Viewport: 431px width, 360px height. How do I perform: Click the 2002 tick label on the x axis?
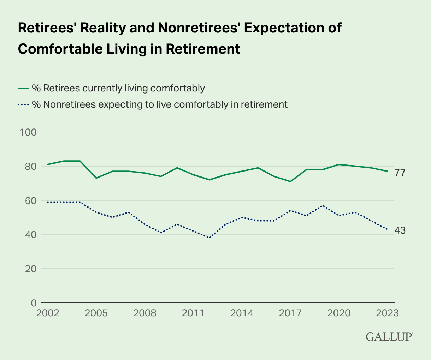click(47, 313)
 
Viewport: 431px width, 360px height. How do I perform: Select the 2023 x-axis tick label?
click(387, 313)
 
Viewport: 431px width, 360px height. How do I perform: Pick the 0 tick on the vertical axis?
click(34, 303)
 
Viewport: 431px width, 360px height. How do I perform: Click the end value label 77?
click(400, 173)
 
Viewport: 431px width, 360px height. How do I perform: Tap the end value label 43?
click(400, 230)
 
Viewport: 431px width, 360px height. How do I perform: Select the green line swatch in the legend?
click(23, 88)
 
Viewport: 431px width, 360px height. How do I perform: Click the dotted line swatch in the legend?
click(23, 105)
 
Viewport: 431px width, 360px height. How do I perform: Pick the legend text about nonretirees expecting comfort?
click(160, 105)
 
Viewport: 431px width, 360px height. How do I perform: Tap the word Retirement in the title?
click(203, 49)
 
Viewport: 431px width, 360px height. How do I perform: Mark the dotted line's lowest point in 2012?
click(209, 238)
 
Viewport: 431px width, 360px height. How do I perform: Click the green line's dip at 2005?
click(96, 178)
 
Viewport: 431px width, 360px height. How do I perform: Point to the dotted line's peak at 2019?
click(323, 205)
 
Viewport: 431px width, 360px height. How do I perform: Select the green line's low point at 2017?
click(290, 181)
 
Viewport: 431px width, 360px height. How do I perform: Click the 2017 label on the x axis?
click(290, 313)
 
